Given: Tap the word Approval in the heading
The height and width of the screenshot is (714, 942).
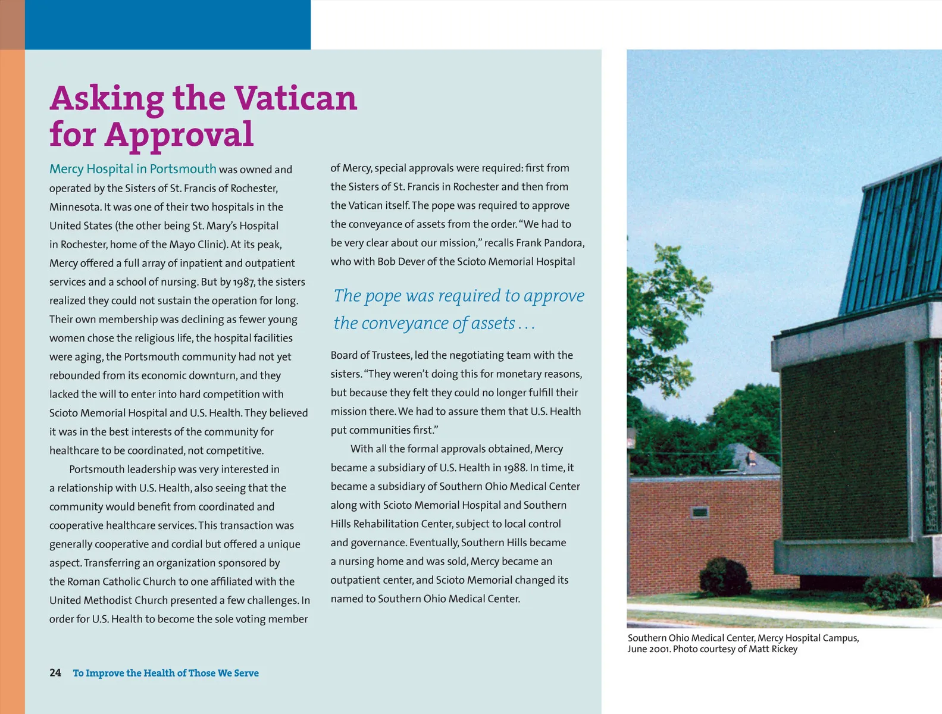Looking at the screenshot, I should point(179,134).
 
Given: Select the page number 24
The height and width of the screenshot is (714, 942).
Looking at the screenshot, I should point(55,672).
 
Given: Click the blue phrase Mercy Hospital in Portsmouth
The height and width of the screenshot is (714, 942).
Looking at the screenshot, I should point(133,169).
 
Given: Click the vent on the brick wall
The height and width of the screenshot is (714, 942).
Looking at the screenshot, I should point(700,512).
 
